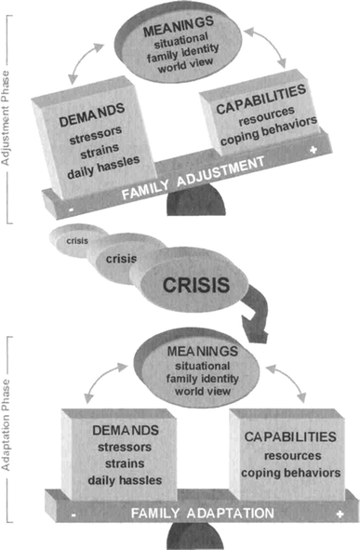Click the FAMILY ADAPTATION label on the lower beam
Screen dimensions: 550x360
[202, 513]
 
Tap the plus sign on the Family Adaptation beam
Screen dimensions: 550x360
[343, 513]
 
